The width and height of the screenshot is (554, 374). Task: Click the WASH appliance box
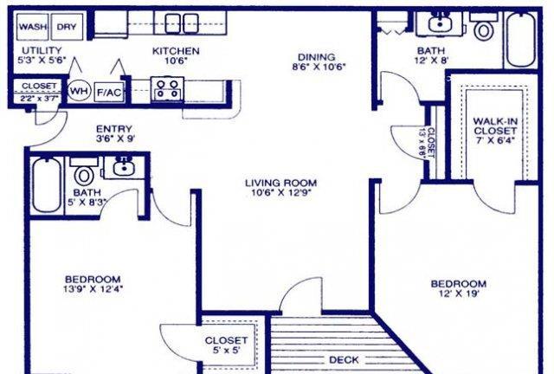pyautogui.click(x=33, y=27)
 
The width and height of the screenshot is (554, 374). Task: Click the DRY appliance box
pyautogui.click(x=68, y=27)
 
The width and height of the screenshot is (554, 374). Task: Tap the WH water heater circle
pyautogui.click(x=79, y=91)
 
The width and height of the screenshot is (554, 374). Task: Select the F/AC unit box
pyautogui.click(x=110, y=93)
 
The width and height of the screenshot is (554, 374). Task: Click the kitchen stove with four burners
pyautogui.click(x=167, y=90)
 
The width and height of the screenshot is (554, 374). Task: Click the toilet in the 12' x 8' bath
pyautogui.click(x=484, y=27)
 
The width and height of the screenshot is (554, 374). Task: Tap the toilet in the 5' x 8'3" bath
pyautogui.click(x=84, y=172)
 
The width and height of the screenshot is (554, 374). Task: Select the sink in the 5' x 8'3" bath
pyautogui.click(x=123, y=167)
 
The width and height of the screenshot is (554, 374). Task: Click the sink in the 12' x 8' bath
pyautogui.click(x=440, y=23)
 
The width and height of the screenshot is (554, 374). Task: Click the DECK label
pyautogui.click(x=344, y=360)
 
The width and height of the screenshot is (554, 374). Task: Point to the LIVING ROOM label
pyautogui.click(x=280, y=183)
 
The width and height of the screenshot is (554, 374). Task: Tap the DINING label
pyautogui.click(x=316, y=57)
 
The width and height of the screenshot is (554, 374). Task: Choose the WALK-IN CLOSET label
pyautogui.click(x=494, y=126)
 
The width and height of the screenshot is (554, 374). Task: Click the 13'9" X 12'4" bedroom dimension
pyautogui.click(x=93, y=289)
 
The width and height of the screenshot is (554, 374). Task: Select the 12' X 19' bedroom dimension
pyautogui.click(x=459, y=293)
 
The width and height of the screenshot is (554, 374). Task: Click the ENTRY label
pyautogui.click(x=113, y=129)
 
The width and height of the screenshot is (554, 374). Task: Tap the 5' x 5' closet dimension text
pyautogui.click(x=226, y=351)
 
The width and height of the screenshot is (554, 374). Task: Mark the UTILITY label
pyautogui.click(x=42, y=50)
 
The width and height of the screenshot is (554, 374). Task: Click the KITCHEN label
pyautogui.click(x=176, y=51)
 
